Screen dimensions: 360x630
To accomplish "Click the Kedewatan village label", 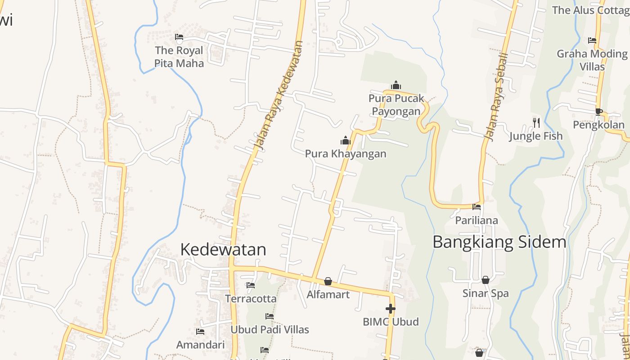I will [223, 250].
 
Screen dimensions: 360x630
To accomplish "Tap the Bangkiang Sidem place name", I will [499, 242].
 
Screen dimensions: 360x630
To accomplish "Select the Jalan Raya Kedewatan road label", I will [279, 95].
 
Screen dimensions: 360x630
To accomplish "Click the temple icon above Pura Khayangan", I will [345, 141].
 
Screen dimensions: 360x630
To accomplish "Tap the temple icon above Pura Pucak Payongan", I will [396, 85].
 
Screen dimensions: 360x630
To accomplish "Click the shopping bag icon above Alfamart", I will [328, 281].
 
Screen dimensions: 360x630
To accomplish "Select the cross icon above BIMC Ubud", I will [390, 309].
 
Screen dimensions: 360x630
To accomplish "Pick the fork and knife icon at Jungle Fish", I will [536, 122].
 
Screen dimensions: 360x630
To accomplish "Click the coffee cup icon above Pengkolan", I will [598, 112].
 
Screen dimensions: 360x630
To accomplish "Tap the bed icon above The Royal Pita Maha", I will [179, 37].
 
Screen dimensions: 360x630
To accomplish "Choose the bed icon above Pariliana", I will [476, 207].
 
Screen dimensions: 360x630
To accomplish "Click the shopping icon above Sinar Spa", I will [485, 280].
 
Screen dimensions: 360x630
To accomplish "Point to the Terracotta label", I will [251, 299].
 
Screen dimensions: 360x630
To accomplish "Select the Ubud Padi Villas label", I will [270, 330].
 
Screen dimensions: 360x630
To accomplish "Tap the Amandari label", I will [200, 345].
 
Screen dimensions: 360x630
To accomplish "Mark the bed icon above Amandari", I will [200, 332].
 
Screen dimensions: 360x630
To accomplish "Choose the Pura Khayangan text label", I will [346, 154].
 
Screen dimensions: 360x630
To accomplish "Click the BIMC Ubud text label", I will [391, 322].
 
